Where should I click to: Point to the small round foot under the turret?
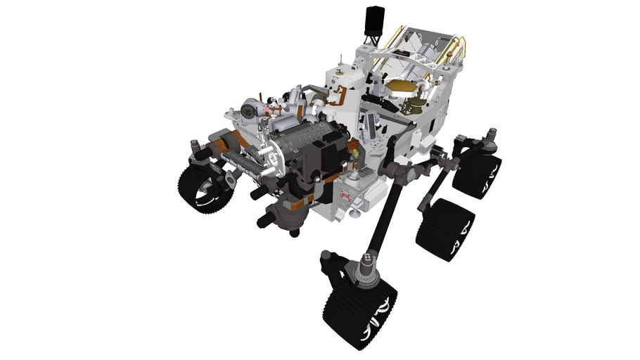pos(293,233)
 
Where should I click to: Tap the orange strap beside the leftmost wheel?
pos(222,146)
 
